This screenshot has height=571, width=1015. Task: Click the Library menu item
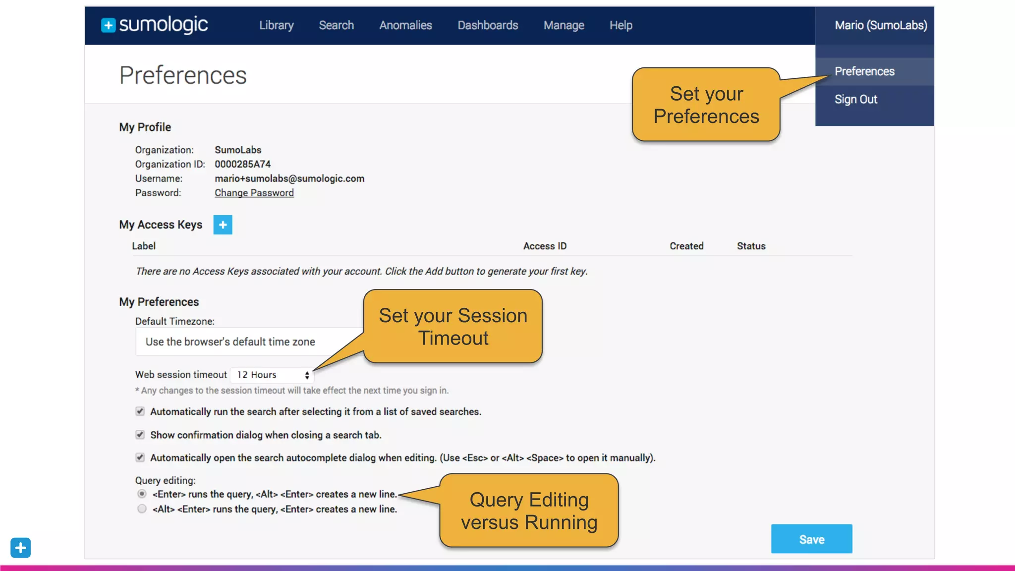pos(276,25)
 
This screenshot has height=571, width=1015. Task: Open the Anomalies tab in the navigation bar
pos(405,25)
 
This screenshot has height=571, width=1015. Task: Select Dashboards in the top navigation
pos(488,25)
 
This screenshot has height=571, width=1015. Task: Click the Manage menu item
pos(564,25)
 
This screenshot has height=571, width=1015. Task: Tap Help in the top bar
pos(620,25)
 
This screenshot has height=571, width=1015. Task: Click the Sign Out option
pos(856,99)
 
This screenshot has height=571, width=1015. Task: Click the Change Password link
pos(254,193)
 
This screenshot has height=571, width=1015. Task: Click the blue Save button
pos(811,539)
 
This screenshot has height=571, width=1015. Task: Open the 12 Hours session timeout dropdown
pos(272,375)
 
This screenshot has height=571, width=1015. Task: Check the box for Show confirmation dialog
pos(140,435)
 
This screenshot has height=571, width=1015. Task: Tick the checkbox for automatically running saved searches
pos(140,411)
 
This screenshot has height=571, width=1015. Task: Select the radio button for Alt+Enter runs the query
pos(142,509)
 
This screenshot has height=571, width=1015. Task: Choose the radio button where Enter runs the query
pos(142,494)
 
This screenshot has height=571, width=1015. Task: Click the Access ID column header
pos(545,246)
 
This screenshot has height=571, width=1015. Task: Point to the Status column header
pos(751,246)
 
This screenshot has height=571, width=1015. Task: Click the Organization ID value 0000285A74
pos(242,164)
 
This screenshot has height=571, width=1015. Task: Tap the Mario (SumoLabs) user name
pos(881,25)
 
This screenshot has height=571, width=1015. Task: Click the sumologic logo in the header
pos(155,25)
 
